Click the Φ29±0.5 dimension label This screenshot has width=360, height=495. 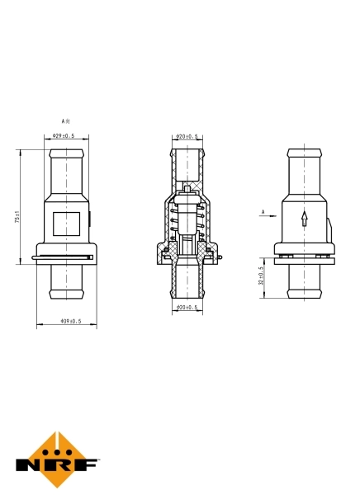point(64,135)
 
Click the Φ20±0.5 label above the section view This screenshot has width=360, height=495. point(189,136)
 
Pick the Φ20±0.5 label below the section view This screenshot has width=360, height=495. point(189,308)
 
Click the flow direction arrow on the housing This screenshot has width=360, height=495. point(304,219)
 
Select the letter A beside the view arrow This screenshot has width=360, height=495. point(263,212)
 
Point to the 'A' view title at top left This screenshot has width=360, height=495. point(64,120)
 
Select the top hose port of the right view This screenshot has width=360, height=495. point(304,169)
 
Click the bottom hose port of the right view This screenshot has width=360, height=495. point(304,285)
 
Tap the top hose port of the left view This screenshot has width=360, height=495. point(65,169)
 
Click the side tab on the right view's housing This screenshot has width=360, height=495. point(333,227)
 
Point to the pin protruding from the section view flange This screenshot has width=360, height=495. point(224,261)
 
